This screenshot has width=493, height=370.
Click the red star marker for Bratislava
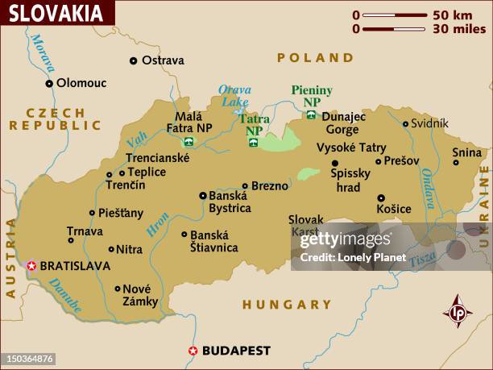click(31, 264)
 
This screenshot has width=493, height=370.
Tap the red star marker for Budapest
click(193, 350)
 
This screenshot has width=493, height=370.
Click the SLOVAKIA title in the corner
click(56, 13)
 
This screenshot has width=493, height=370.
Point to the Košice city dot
click(381, 197)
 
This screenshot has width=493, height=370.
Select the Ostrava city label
click(163, 60)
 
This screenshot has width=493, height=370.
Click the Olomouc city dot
click(49, 82)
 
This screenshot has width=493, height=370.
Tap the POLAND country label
click(315, 58)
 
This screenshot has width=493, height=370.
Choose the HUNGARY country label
click(287, 305)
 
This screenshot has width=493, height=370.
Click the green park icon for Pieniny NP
click(310, 115)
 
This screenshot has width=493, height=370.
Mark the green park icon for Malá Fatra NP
click(189, 141)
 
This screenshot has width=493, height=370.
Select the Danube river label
click(64, 295)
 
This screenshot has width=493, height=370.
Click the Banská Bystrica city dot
click(203, 195)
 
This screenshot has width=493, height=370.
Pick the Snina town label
click(466, 152)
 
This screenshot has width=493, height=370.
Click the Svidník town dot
click(405, 123)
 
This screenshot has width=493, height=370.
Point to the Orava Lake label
click(234, 96)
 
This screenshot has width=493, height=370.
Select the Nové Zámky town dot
click(118, 288)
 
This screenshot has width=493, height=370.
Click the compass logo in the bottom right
click(458, 311)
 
